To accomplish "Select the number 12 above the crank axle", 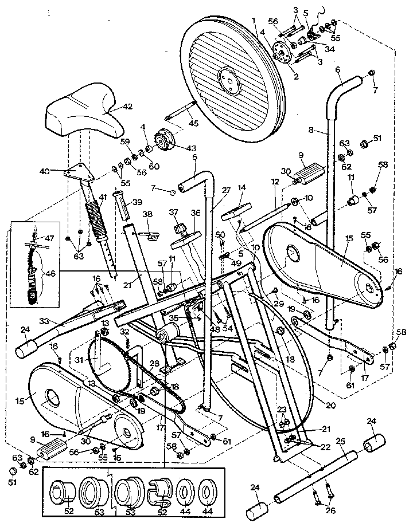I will click(x=275, y=182).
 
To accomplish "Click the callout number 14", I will click(x=241, y=187).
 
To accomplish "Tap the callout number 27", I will click(x=225, y=191).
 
